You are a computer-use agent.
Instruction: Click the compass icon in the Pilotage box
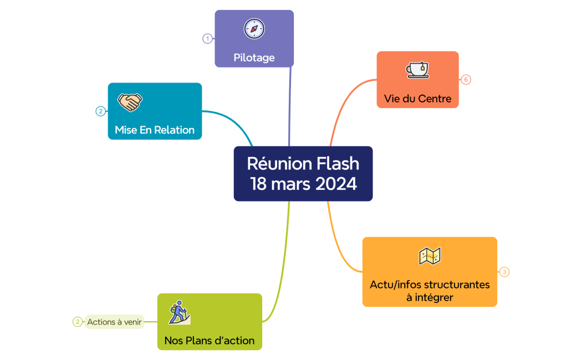[x=254, y=29]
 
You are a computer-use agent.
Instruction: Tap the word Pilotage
[x=254, y=58]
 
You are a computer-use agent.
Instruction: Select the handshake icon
[x=130, y=102]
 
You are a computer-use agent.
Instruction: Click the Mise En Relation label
[x=155, y=130]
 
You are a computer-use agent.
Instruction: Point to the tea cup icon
[x=417, y=69]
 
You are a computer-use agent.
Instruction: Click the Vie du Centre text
[x=417, y=99]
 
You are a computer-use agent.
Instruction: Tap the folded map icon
[x=430, y=256]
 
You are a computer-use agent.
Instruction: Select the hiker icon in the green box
[x=180, y=312]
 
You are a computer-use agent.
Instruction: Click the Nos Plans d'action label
[x=210, y=341]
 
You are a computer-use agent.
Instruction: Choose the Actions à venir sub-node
[x=114, y=322]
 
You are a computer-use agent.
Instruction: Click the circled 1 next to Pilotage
[x=207, y=39]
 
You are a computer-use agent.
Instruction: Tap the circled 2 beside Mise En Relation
[x=100, y=111]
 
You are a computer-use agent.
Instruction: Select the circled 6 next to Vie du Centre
[x=466, y=80]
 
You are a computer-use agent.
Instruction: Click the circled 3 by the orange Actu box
[x=504, y=272]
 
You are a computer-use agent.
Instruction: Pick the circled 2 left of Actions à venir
[x=78, y=322]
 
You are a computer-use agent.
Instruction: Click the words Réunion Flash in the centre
[x=303, y=164]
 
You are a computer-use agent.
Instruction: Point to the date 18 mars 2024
[x=303, y=184]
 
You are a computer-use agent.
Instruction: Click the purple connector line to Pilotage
[x=290, y=105]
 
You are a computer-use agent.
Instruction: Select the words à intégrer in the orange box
[x=430, y=297]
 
